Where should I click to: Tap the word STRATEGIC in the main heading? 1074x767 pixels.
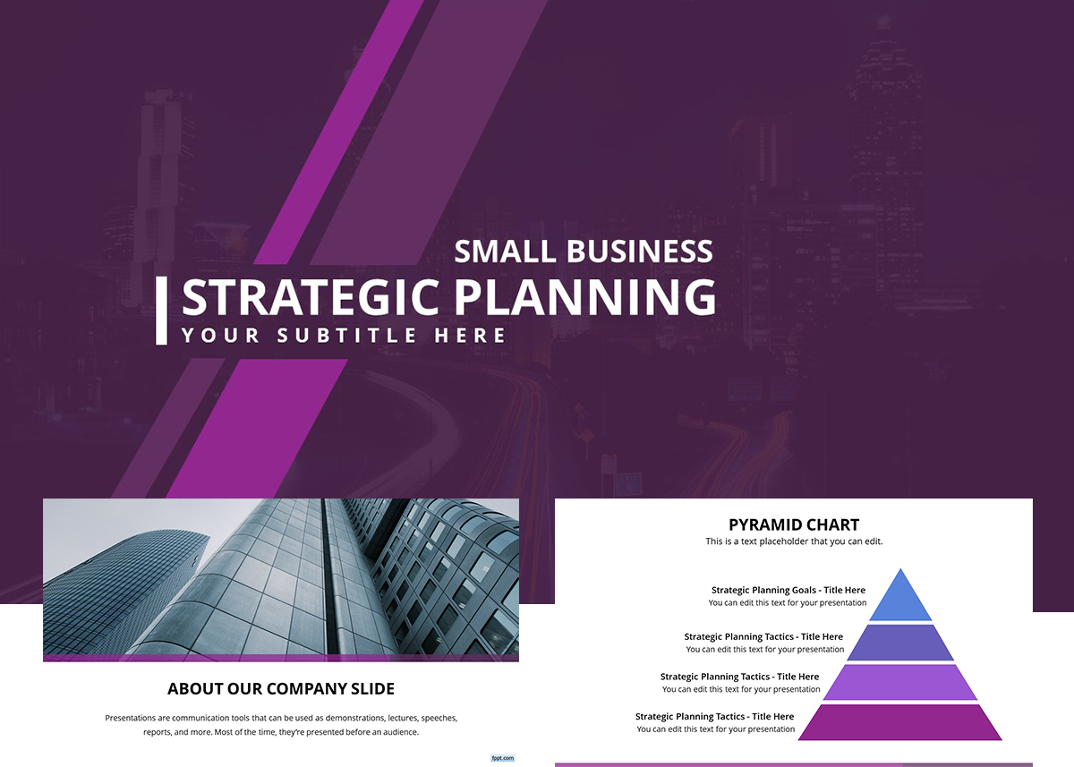pos(311,298)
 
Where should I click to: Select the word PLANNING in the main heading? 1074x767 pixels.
pos(584,298)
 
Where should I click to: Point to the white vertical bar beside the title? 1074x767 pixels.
pos(161,311)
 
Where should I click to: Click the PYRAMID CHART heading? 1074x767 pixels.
pos(794,525)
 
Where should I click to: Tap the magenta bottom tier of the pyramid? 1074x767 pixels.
pos(900,722)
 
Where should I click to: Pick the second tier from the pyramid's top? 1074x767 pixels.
pos(900,643)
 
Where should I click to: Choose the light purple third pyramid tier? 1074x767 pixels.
pos(900,683)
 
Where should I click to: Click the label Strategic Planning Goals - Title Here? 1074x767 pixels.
pos(788,591)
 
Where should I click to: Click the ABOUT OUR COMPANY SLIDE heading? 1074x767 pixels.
pos(281,689)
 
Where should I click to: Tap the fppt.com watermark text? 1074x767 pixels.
pos(502,758)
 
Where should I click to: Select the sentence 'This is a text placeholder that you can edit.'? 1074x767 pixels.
pos(794,541)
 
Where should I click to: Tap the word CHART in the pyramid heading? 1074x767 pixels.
pos(831,525)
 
